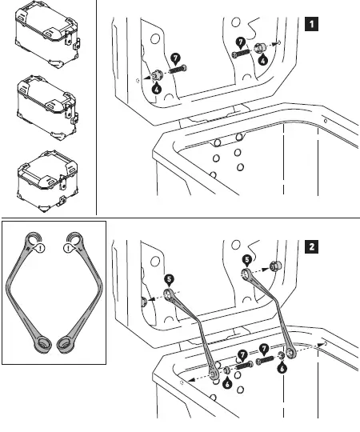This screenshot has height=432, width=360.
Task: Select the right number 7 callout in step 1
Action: [x=240, y=41]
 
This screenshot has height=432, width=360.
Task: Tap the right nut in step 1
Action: [x=260, y=50]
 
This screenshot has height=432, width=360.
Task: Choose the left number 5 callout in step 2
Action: [x=169, y=280]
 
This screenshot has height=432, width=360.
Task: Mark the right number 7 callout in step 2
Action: [x=262, y=348]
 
